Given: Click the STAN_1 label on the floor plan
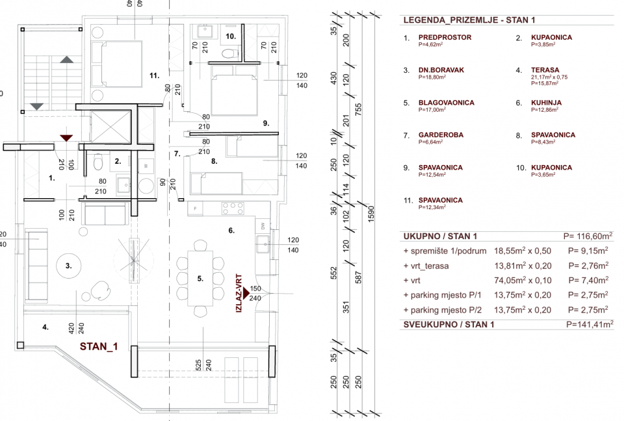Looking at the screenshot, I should (x=99, y=346).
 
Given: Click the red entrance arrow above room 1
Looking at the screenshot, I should (x=66, y=137).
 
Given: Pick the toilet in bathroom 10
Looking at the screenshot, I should (x=227, y=54).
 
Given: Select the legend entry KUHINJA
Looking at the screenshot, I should (x=546, y=103).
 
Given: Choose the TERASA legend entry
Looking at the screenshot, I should (x=545, y=70).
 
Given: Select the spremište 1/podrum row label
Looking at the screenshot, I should (x=444, y=250).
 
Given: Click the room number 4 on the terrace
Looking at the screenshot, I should (x=45, y=327).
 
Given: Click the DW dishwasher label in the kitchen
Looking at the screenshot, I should (x=262, y=225).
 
